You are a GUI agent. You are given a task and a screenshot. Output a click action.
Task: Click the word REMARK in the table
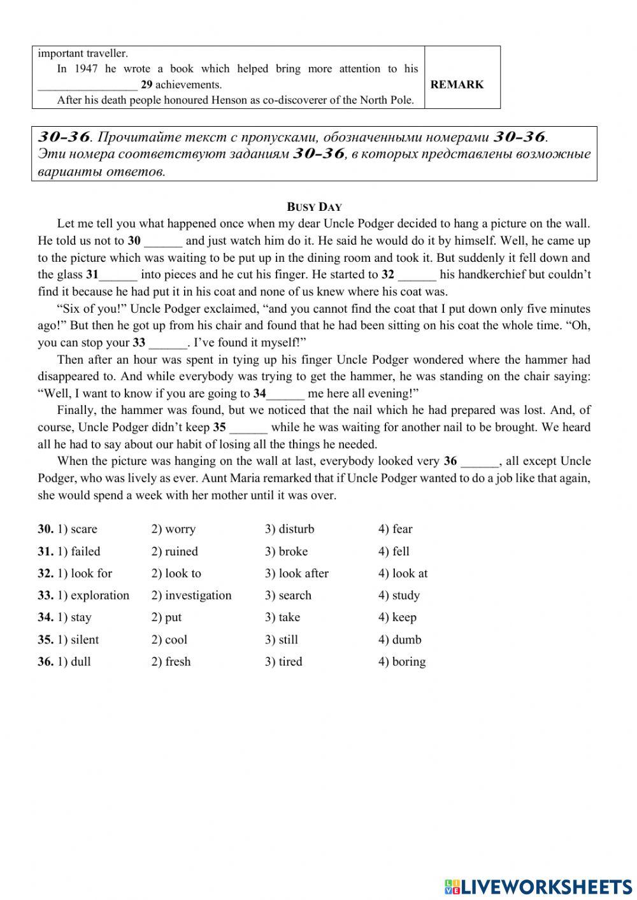457,84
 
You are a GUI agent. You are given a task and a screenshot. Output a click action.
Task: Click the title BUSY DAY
314,206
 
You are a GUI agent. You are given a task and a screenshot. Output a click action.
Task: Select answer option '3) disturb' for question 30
289,529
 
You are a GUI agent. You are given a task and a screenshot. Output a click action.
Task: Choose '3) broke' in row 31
286,551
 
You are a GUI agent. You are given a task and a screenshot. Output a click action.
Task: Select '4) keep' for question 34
397,617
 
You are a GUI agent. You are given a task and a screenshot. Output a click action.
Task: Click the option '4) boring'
401,661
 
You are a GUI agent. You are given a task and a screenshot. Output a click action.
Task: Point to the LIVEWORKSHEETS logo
538,886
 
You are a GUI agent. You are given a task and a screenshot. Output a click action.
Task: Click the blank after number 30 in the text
163,241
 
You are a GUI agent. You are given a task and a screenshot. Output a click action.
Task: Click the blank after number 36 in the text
480,461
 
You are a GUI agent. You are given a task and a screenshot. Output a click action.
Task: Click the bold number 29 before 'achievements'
147,85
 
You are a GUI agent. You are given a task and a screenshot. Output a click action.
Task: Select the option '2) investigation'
191,595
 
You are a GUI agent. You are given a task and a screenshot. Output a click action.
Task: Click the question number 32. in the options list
45,573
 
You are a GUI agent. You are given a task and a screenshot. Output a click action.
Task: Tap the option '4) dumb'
399,639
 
